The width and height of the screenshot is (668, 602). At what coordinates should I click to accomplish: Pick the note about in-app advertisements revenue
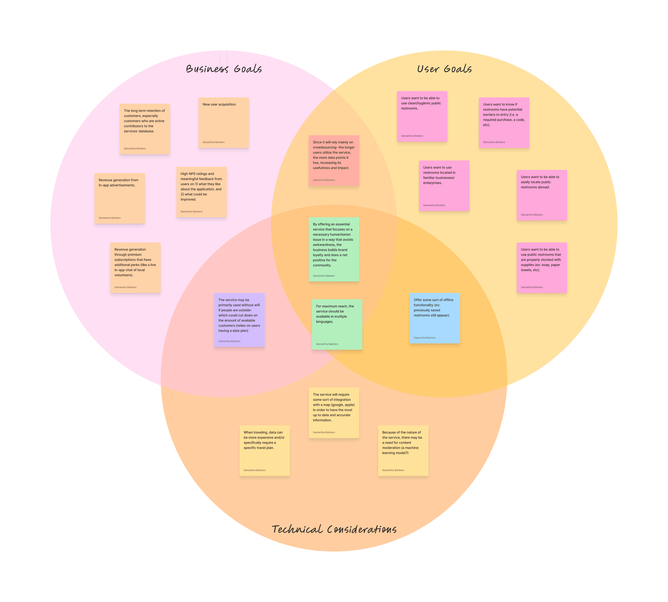tap(120, 198)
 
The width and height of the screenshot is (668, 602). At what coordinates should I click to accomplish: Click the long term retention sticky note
tap(145, 129)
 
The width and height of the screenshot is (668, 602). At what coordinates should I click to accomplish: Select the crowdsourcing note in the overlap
tap(334, 160)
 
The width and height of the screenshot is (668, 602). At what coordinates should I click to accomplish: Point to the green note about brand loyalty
tap(334, 249)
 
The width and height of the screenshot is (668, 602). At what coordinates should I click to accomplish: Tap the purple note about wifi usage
tap(239, 320)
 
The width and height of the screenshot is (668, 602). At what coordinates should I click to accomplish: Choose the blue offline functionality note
tap(435, 318)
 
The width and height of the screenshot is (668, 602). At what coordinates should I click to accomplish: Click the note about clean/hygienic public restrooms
tap(422, 116)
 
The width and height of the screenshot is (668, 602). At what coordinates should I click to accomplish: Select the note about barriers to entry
tap(504, 123)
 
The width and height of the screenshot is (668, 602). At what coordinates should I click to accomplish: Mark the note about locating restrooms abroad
tap(542, 195)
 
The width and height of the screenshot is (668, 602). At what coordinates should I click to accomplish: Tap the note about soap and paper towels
tap(542, 268)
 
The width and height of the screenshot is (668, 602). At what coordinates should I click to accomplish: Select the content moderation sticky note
tap(403, 450)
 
